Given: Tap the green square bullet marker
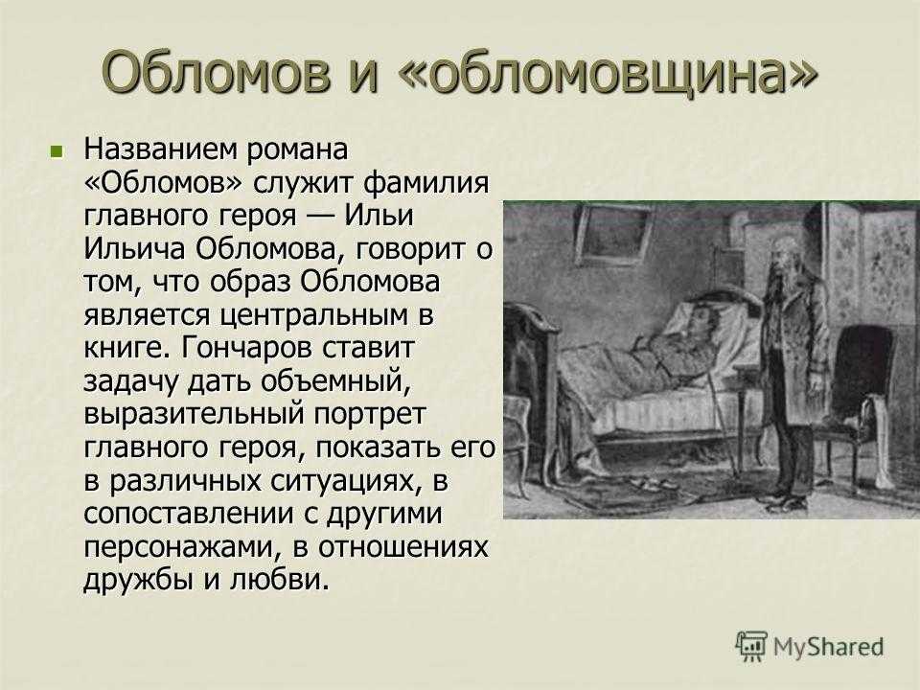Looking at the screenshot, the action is [57, 151].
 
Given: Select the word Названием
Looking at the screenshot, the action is [161, 149].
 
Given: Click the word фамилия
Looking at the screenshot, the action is [425, 182].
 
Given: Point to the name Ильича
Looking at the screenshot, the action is [135, 249].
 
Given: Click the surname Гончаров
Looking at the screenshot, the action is [243, 349].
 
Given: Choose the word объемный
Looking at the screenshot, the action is [333, 382].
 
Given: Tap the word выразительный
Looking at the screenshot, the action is [195, 415].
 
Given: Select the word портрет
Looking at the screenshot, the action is [369, 415].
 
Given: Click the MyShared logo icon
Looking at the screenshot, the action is [751, 647].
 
